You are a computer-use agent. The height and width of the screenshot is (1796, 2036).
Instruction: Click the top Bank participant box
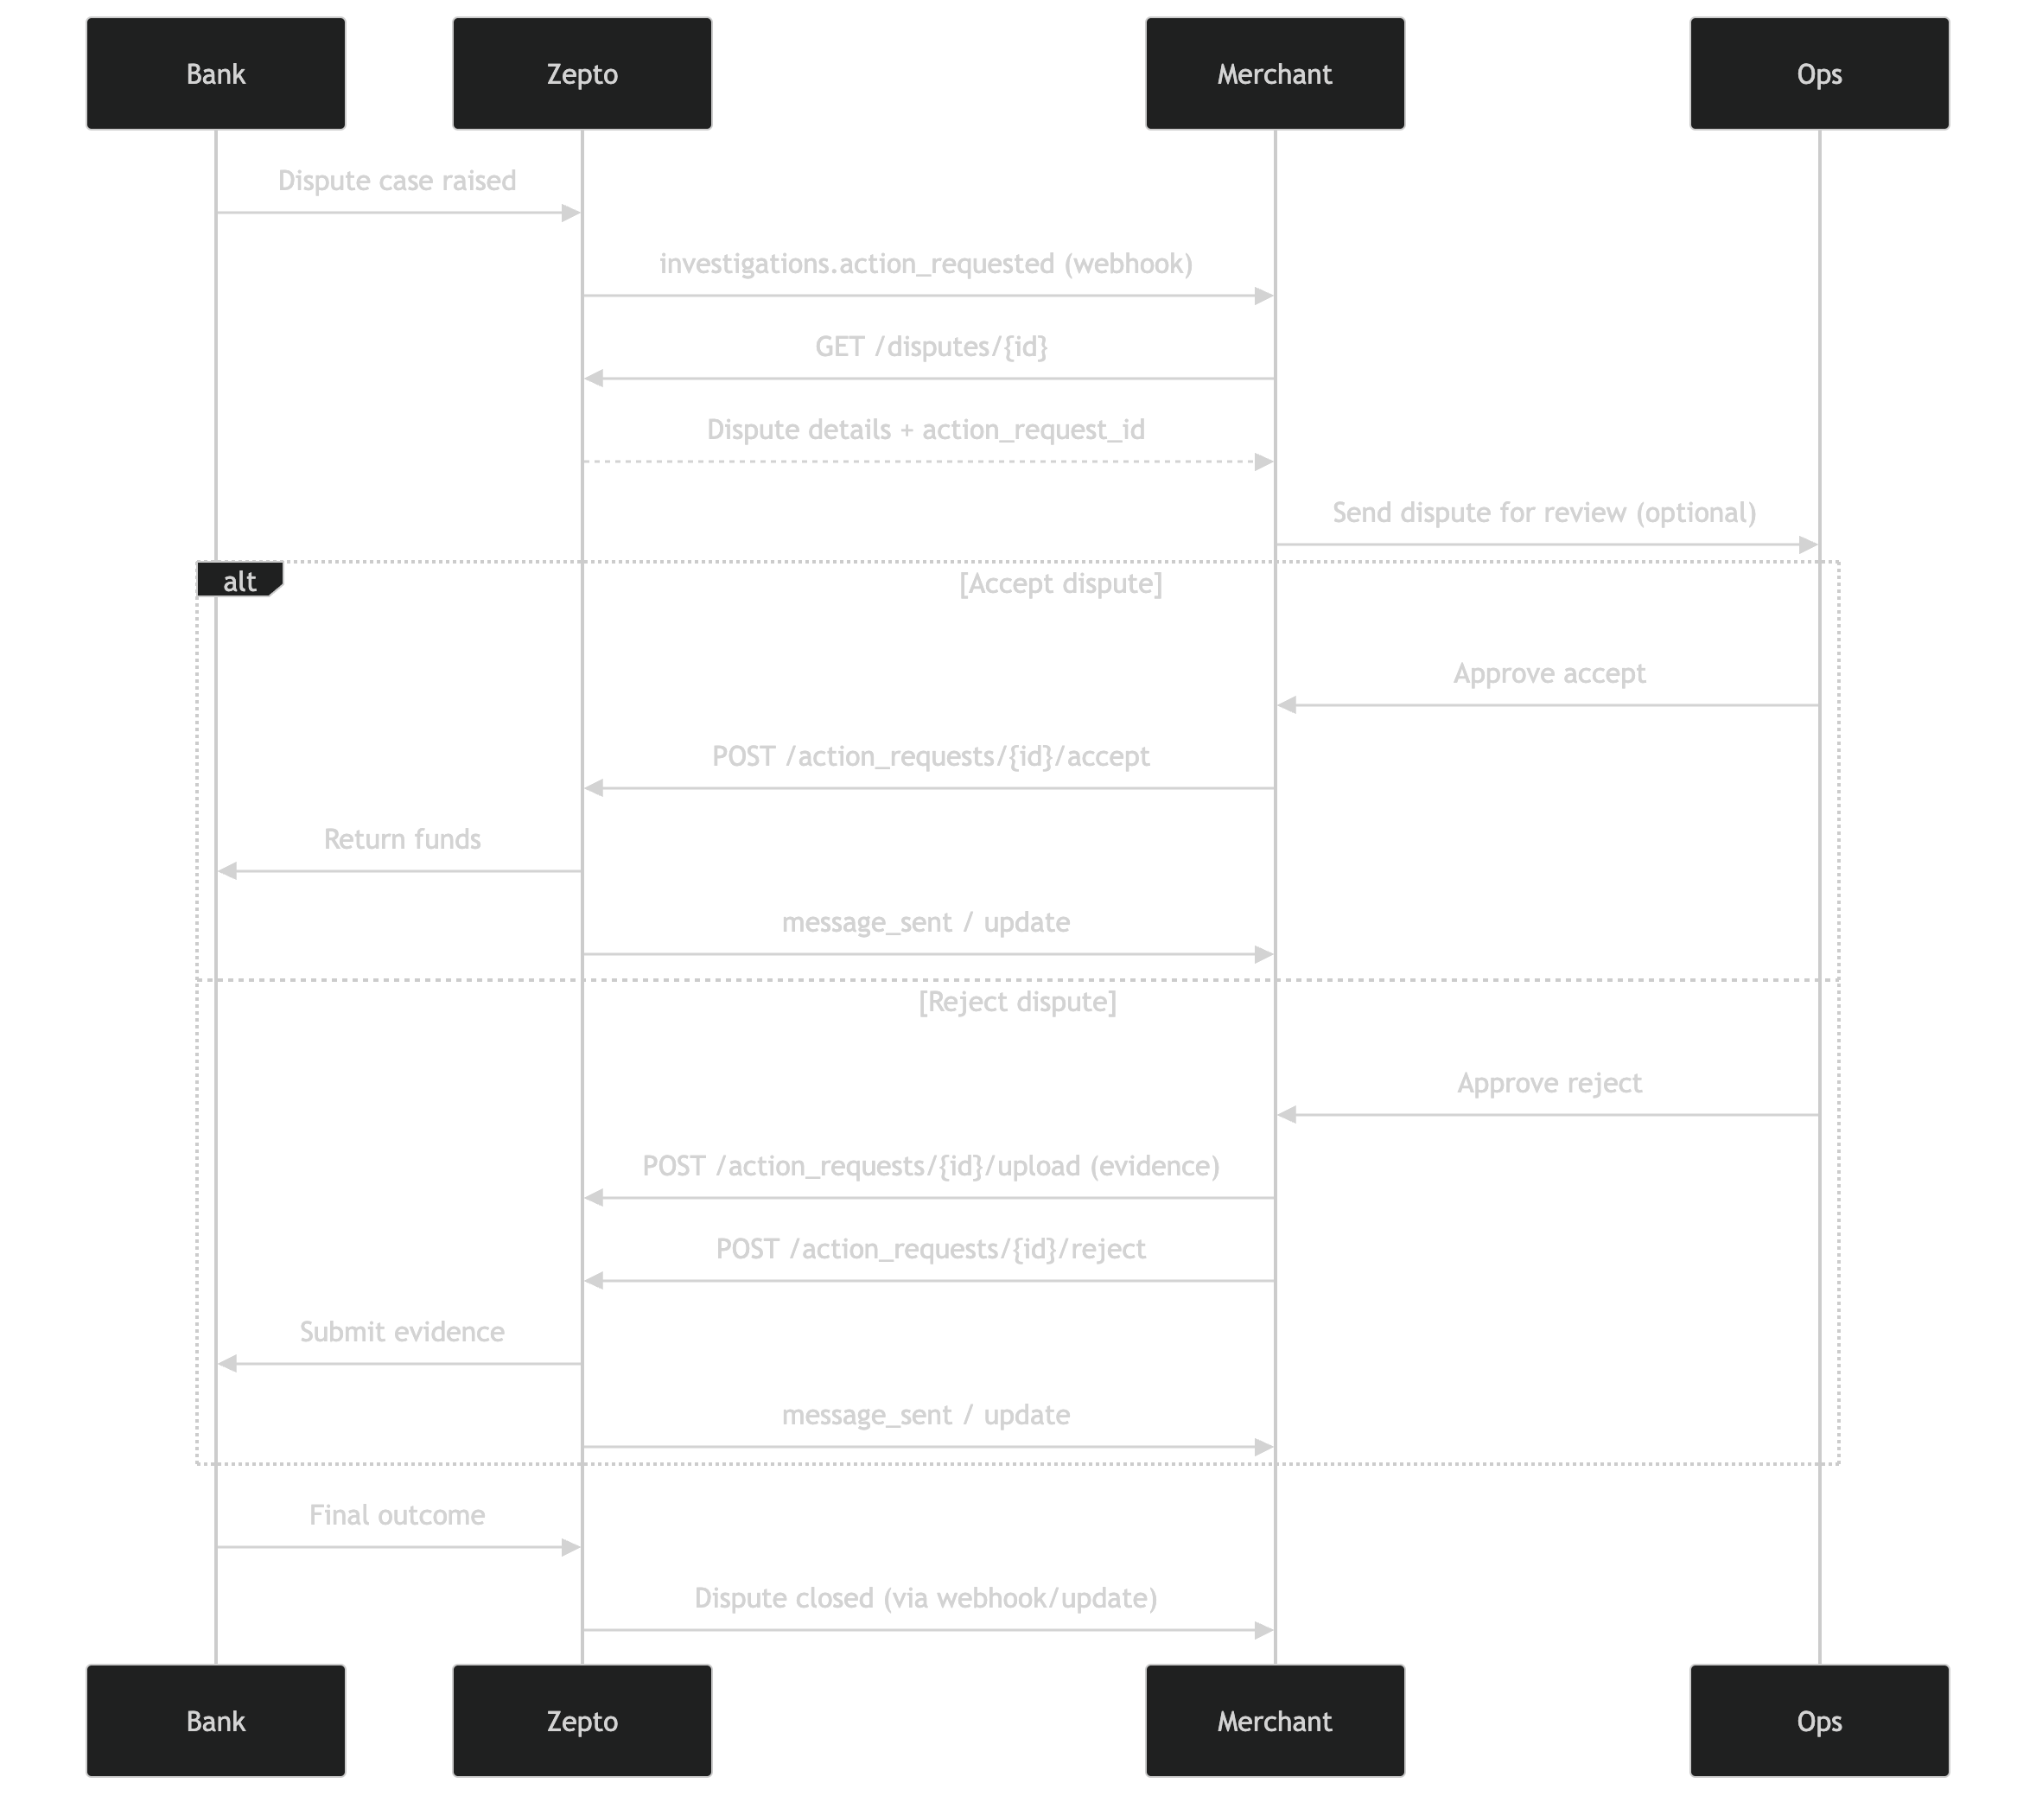[215, 73]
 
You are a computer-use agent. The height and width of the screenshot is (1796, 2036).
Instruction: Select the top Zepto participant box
[582, 73]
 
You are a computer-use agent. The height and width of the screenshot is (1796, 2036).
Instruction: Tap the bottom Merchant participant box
[1274, 1722]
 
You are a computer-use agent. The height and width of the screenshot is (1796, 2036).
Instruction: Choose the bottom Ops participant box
[1819, 1722]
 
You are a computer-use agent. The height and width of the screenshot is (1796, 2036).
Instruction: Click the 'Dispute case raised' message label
[397, 181]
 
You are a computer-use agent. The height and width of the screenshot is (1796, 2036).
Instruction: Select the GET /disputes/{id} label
[931, 347]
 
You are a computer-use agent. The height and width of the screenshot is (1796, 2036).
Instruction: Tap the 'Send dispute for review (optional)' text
[1544, 513]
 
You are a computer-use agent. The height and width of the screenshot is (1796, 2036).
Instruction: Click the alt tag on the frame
[239, 582]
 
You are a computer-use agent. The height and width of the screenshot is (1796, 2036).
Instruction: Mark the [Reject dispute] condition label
[1017, 1002]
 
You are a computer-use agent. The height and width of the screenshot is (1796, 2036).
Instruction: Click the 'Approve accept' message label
[1549, 674]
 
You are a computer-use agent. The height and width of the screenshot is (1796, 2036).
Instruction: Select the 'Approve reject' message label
[1549, 1084]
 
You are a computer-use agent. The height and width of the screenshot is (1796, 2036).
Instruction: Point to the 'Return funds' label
[402, 840]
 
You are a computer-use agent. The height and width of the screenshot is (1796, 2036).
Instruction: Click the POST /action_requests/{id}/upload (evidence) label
[931, 1167]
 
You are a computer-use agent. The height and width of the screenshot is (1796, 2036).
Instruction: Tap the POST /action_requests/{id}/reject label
[931, 1249]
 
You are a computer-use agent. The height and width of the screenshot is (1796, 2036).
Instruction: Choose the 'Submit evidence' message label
[402, 1333]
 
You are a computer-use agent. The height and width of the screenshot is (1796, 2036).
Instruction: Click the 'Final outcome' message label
[397, 1516]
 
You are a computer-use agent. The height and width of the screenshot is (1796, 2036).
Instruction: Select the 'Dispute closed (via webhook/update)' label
[926, 1599]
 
